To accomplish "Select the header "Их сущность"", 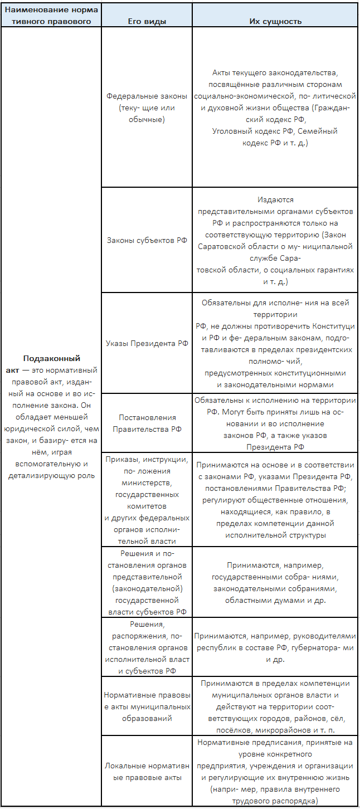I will [x=275, y=21].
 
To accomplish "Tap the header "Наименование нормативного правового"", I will [x=51, y=16].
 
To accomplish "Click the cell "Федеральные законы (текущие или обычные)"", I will [x=147, y=108].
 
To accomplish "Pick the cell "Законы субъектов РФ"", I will [x=147, y=241].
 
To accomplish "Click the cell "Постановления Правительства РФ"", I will [x=147, y=423].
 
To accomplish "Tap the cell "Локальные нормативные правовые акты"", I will [x=147, y=772].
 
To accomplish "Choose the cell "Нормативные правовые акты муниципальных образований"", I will [x=147, y=706].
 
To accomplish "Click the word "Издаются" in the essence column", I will [x=275, y=199].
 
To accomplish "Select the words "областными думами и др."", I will [x=275, y=601].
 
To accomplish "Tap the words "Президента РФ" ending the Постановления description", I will [x=275, y=447].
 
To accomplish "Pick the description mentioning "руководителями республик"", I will [x=275, y=647].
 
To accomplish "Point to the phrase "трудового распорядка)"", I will [x=276, y=801].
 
